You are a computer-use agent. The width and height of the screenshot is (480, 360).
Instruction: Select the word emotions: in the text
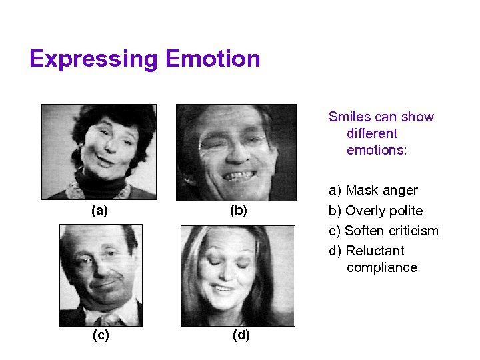click(x=376, y=150)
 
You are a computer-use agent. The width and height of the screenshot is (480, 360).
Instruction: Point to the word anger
click(x=400, y=191)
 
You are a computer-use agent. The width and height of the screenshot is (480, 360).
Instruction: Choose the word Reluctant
click(x=375, y=251)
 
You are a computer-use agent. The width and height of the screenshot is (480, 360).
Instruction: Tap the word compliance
click(x=382, y=267)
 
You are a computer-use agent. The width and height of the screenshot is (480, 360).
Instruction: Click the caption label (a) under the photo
click(x=99, y=211)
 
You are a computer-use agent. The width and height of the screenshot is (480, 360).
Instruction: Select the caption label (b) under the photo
click(x=238, y=211)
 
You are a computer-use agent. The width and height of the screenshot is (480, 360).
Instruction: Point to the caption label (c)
click(x=101, y=335)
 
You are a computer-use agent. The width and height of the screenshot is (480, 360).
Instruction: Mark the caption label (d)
click(x=241, y=335)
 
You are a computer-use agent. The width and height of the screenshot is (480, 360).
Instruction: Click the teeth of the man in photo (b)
click(x=237, y=177)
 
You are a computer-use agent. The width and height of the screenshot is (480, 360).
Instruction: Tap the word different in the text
click(x=371, y=133)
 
